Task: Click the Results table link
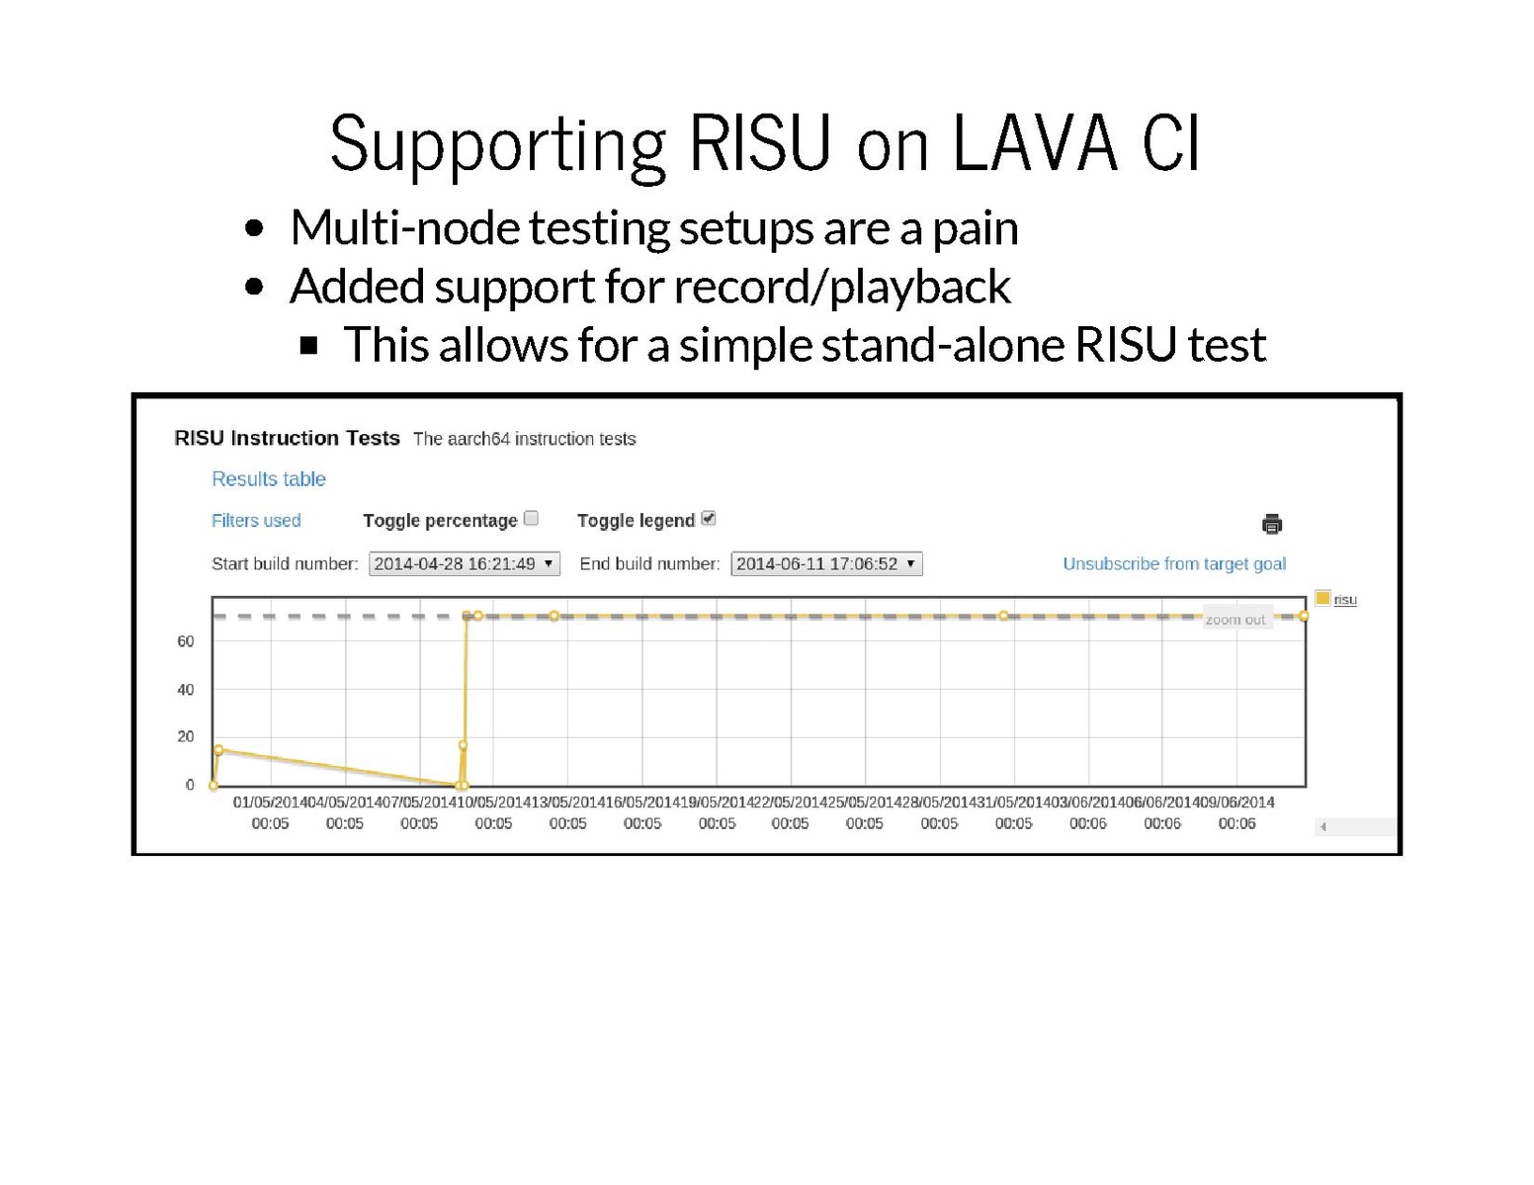pos(268,479)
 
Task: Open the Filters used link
pos(256,521)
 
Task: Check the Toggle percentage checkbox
pos(532,519)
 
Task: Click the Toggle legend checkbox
pos(709,519)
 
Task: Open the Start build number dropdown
pos(465,564)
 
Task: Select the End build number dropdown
pos(826,564)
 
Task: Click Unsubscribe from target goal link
pos(1174,564)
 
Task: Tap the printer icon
pos(1271,524)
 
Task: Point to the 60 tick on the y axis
pos(186,641)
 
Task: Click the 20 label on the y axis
pos(186,737)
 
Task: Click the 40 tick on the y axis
pos(186,690)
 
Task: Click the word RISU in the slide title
pos(760,143)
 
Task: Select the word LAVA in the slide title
pos(1035,143)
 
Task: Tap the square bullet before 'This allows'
pos(308,345)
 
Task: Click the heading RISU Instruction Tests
pos(287,438)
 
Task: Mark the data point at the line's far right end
pos(1303,616)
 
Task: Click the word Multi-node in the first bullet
pos(405,228)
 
